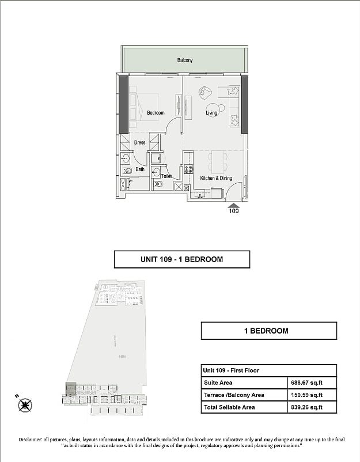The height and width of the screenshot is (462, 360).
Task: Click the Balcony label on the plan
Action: (185, 60)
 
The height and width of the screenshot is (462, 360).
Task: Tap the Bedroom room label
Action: (156, 112)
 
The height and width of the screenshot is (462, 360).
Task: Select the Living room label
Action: (211, 112)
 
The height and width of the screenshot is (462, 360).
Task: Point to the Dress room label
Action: (139, 142)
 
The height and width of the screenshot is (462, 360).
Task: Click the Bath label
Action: (140, 169)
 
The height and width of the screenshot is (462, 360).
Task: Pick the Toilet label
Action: (166, 176)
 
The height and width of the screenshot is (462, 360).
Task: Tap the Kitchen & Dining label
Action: (216, 178)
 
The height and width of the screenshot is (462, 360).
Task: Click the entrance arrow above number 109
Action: (234, 206)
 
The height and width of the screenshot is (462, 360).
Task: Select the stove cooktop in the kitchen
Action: (189, 169)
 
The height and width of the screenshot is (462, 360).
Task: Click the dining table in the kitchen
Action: (218, 162)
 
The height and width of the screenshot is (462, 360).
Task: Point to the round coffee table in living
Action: (212, 109)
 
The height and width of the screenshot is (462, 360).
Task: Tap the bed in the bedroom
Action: (143, 107)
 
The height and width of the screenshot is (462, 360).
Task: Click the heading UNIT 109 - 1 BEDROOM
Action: (182, 259)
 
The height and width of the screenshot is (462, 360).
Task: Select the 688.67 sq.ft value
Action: (306, 383)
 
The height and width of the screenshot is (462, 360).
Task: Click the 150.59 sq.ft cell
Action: (306, 395)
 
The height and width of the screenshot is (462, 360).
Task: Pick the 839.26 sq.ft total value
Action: (306, 407)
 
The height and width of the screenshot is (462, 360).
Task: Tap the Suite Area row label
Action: (218, 383)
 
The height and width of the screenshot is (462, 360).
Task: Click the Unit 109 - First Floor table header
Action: (231, 370)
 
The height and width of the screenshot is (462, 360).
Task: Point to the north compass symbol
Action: (25, 405)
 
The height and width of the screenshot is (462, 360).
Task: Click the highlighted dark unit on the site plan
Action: (71, 389)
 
